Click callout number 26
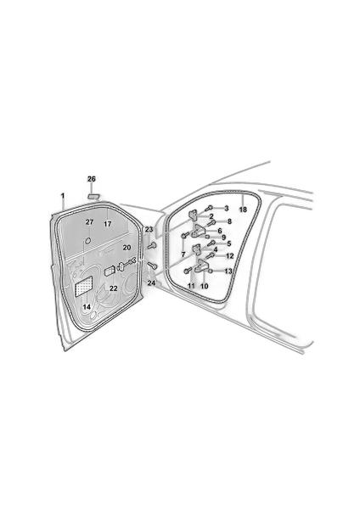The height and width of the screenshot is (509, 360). click(92, 179)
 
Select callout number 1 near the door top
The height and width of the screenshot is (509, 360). click(63, 196)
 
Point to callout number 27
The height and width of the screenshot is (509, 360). click(89, 222)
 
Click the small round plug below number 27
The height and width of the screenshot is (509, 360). click(87, 241)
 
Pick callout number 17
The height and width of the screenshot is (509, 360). click(108, 224)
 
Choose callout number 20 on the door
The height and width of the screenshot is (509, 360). click(127, 248)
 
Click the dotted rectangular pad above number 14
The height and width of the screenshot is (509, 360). click(84, 286)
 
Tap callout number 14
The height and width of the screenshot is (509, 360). click(87, 307)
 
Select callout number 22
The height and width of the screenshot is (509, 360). click(114, 288)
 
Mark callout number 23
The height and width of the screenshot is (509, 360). click(149, 230)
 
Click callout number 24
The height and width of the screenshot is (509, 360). click(151, 283)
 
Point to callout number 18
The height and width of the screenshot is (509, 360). click(243, 210)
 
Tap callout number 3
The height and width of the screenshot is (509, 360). click(227, 209)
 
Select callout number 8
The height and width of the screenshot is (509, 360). click(229, 221)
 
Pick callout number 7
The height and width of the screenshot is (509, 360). click(183, 255)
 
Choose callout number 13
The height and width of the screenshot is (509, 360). click(228, 271)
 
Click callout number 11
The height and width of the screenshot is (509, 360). click(191, 286)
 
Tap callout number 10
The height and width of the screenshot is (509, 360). click(205, 287)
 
